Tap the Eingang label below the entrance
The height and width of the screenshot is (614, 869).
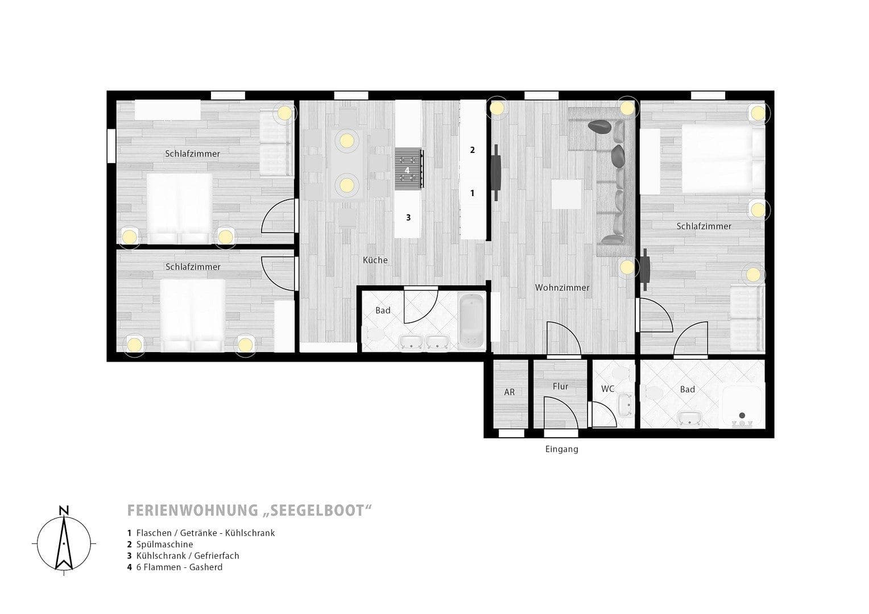click(561, 449)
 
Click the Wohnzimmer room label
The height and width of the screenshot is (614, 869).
click(562, 288)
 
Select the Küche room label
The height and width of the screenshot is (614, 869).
click(375, 260)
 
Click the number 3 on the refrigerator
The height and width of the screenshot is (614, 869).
click(408, 217)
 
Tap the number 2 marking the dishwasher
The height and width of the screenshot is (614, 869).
click(472, 150)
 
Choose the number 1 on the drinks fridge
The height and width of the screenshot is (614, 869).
click(472, 193)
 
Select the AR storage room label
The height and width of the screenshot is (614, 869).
click(509, 392)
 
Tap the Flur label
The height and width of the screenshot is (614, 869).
click(560, 386)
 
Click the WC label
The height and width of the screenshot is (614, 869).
click(607, 389)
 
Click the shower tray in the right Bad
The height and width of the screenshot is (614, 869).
click(742, 406)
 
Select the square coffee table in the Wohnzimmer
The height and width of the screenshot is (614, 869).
click(566, 194)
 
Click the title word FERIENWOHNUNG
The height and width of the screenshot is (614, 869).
click(192, 511)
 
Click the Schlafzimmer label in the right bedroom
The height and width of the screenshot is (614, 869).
click(704, 226)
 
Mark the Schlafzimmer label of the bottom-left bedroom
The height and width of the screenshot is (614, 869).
click(193, 267)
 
